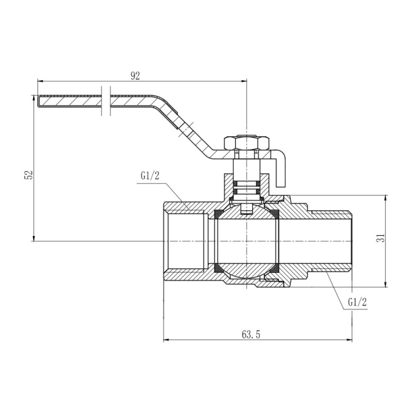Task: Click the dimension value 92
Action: (x=135, y=76)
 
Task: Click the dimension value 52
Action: (x=29, y=174)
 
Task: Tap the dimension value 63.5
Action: (x=250, y=334)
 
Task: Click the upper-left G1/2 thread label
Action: (x=150, y=176)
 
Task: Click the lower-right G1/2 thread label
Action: (x=357, y=302)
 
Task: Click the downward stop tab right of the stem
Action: (x=281, y=171)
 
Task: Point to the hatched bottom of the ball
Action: (x=247, y=270)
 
